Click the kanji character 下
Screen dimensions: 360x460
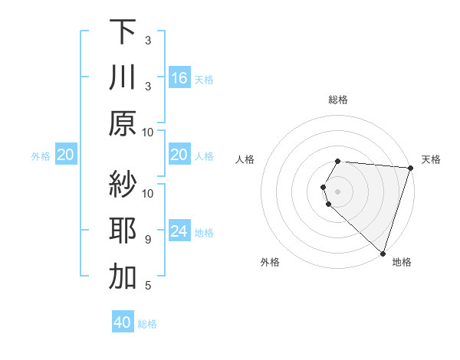tap(123, 33)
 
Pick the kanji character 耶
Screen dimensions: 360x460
tap(123, 231)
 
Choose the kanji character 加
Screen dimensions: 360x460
tap(123, 277)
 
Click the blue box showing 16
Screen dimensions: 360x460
tap(179, 78)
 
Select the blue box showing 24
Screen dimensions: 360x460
tap(179, 231)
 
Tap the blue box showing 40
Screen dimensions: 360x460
tap(123, 322)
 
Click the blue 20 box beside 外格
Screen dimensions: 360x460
tap(65, 155)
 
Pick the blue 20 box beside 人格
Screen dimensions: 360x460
tap(179, 155)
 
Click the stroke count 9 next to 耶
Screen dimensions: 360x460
tap(148, 240)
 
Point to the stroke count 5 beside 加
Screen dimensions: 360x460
tap(148, 286)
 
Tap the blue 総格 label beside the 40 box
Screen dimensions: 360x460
tap(147, 324)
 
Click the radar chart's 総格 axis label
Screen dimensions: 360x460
tap(338, 100)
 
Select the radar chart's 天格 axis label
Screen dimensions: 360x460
tap(431, 159)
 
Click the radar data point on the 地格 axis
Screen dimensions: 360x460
tap(382, 252)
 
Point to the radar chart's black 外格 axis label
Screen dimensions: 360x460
tap(270, 263)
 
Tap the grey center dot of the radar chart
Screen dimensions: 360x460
tap(338, 190)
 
